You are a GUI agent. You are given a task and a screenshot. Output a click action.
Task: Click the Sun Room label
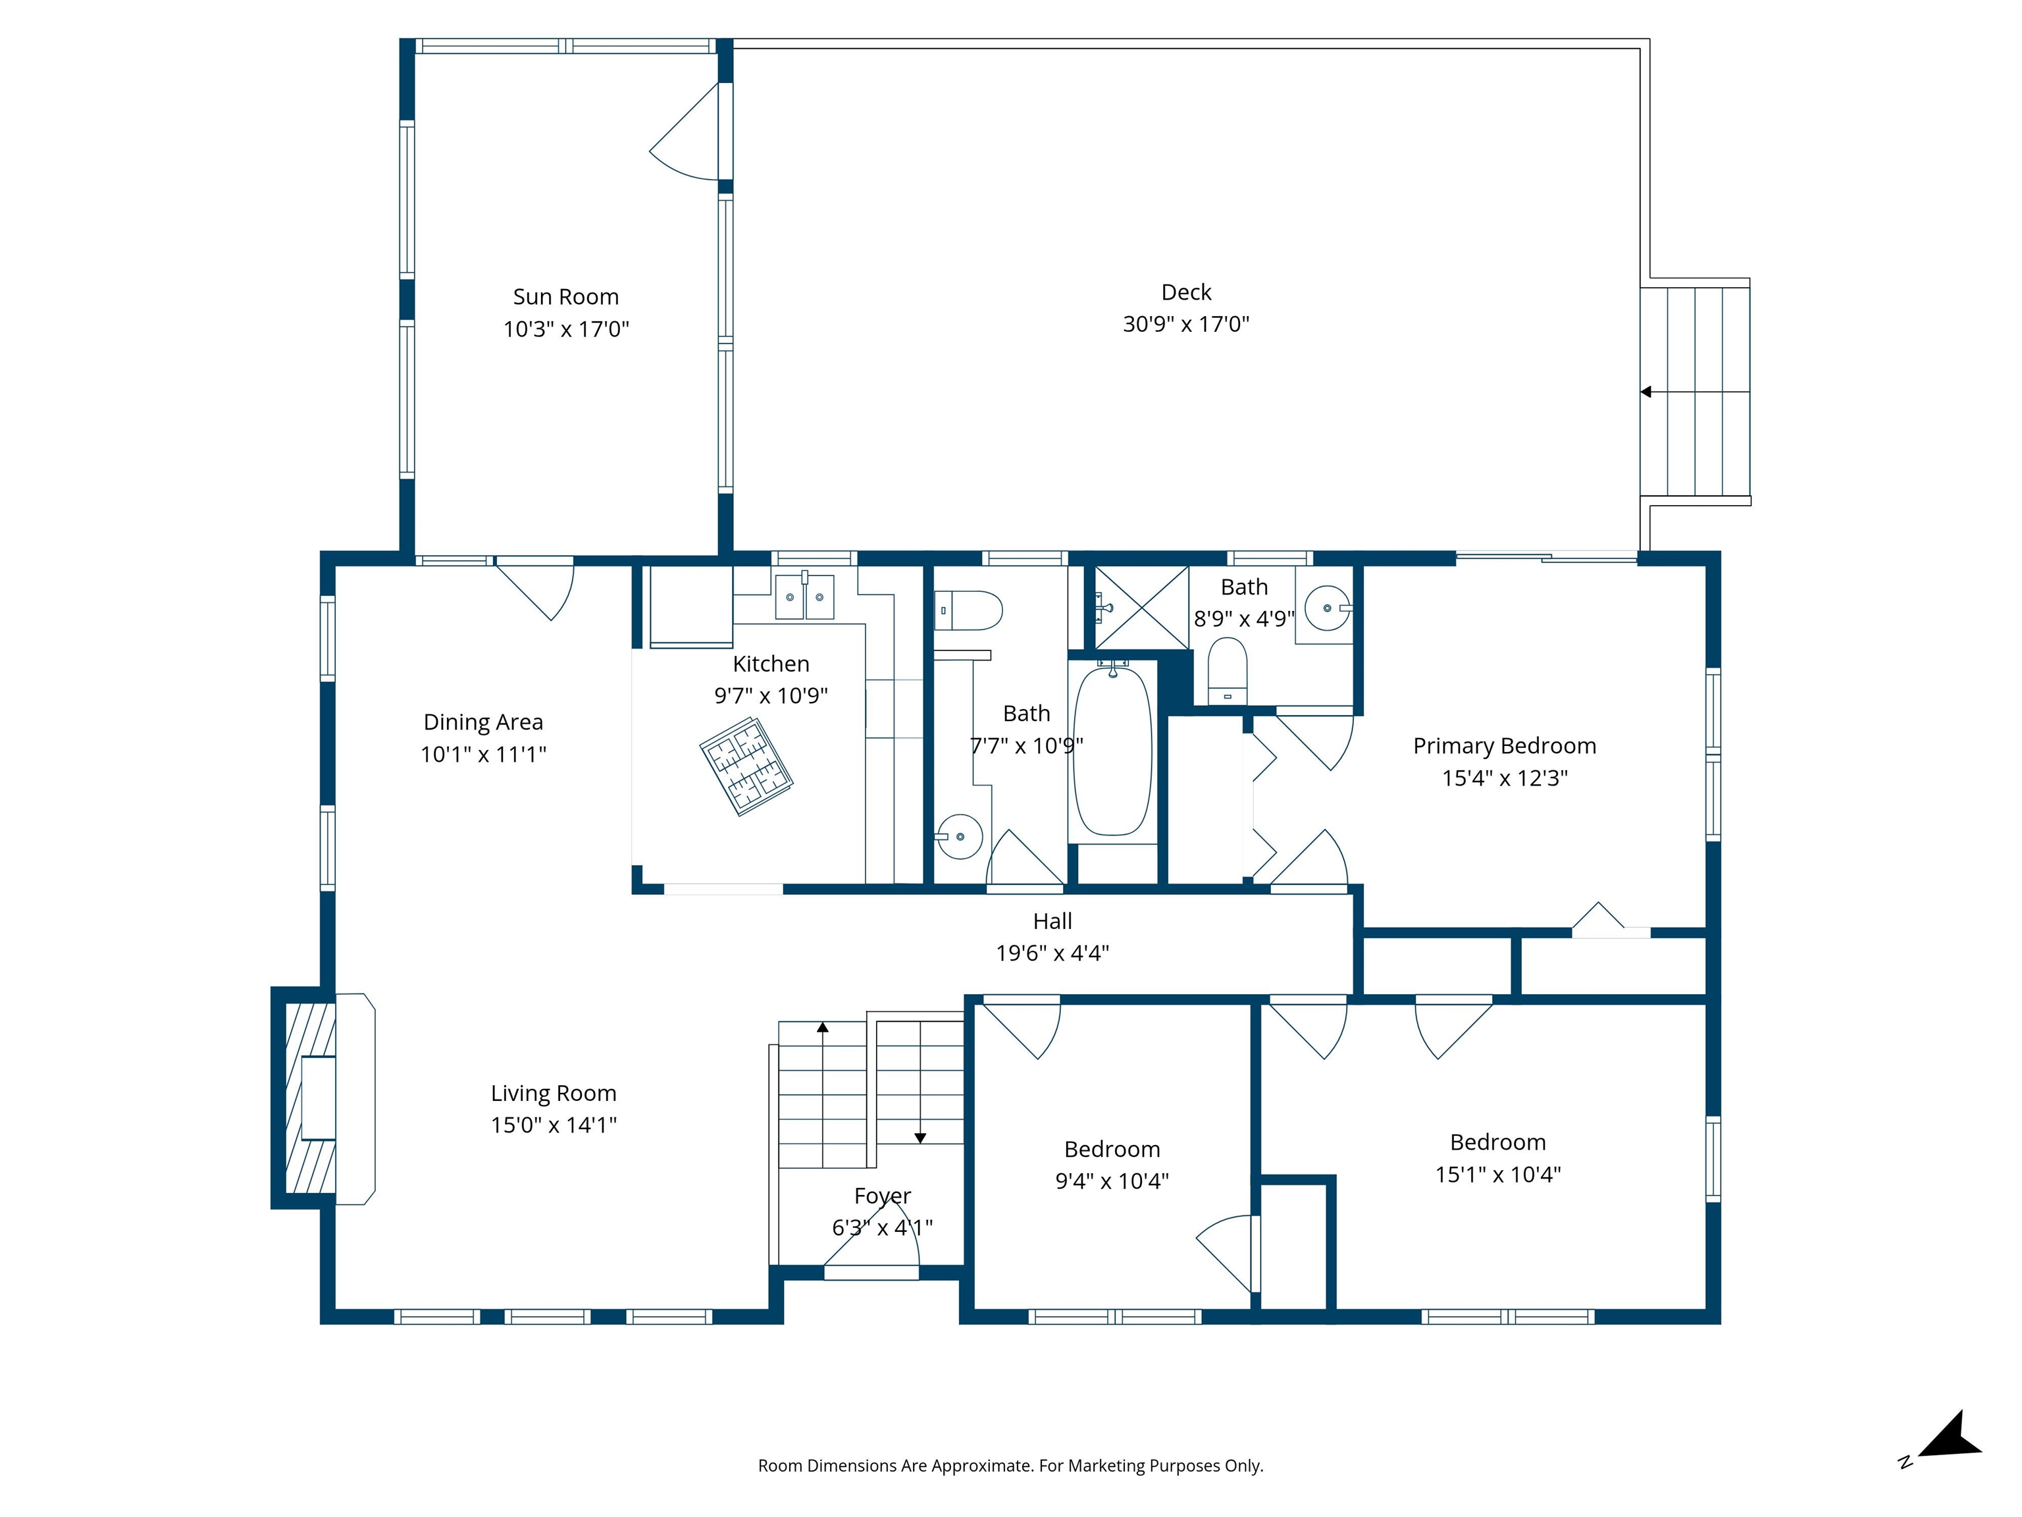point(566,296)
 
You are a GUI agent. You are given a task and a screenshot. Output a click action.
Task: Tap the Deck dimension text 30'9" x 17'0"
point(1185,324)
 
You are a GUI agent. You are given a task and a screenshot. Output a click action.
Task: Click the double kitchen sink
point(804,597)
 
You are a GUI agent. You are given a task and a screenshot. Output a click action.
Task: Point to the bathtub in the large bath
point(1112,752)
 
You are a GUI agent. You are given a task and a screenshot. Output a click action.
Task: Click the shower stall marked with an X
point(1142,607)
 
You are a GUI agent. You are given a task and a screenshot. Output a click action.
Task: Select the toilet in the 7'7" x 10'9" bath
point(968,610)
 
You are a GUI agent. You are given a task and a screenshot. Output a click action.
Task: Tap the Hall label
point(1052,921)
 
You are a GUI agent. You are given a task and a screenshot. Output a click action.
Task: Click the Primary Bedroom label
point(1505,746)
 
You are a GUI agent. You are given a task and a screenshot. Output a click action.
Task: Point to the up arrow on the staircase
point(823,1028)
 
